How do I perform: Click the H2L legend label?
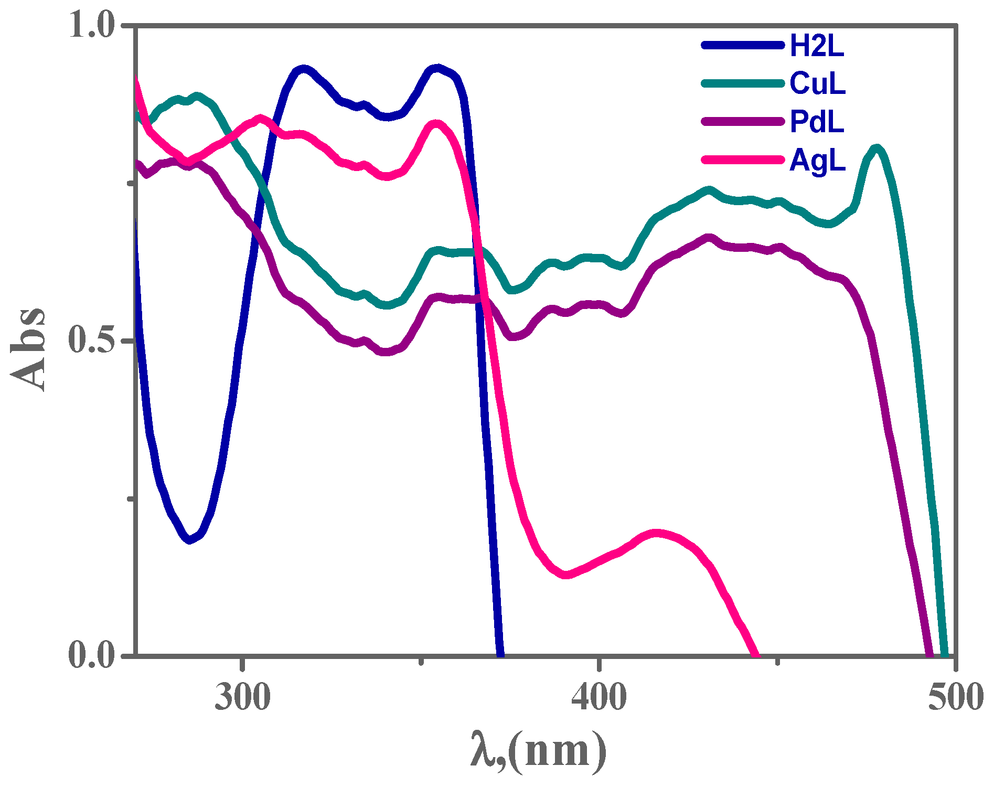click(x=817, y=46)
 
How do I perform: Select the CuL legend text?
click(x=817, y=84)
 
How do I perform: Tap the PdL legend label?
click(x=817, y=122)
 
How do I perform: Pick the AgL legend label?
click(x=817, y=160)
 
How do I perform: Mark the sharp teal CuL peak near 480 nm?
click(x=876, y=149)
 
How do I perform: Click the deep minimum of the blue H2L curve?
click(x=190, y=539)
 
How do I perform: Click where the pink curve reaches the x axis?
click(x=755, y=653)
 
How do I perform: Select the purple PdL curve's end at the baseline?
click(x=929, y=653)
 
